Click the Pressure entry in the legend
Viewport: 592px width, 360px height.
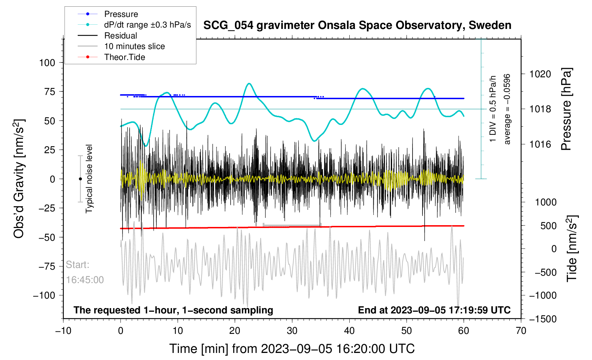tap(121, 14)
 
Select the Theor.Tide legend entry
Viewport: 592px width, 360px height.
tap(124, 57)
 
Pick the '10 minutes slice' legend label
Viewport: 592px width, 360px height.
tap(134, 46)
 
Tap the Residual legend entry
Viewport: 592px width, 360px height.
tap(120, 36)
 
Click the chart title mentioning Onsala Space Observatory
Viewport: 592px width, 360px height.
tap(357, 25)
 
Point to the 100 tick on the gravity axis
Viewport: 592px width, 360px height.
tap(47, 63)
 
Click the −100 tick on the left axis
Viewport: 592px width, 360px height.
tap(44, 295)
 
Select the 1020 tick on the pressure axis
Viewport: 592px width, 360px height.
tap(540, 74)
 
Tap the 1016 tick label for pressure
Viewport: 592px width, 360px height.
tap(540, 144)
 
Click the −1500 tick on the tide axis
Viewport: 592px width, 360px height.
tap(543, 319)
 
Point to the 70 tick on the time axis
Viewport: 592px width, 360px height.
tap(521, 331)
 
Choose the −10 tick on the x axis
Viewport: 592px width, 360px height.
tap(63, 331)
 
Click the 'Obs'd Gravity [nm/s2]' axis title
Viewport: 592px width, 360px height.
tap(19, 179)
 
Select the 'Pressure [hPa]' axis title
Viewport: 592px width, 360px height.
tap(566, 109)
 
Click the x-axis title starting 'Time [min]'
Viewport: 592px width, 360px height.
tap(292, 349)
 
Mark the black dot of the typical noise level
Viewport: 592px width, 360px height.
tap(80, 179)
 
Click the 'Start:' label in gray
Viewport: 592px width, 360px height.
tap(77, 265)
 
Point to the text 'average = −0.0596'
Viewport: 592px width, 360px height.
tap(507, 109)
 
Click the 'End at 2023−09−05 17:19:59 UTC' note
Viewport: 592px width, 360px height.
tap(434, 310)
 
